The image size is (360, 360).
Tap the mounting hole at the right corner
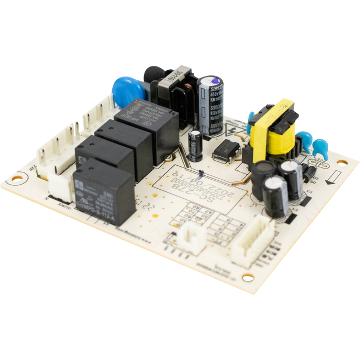[x=342, y=164]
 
